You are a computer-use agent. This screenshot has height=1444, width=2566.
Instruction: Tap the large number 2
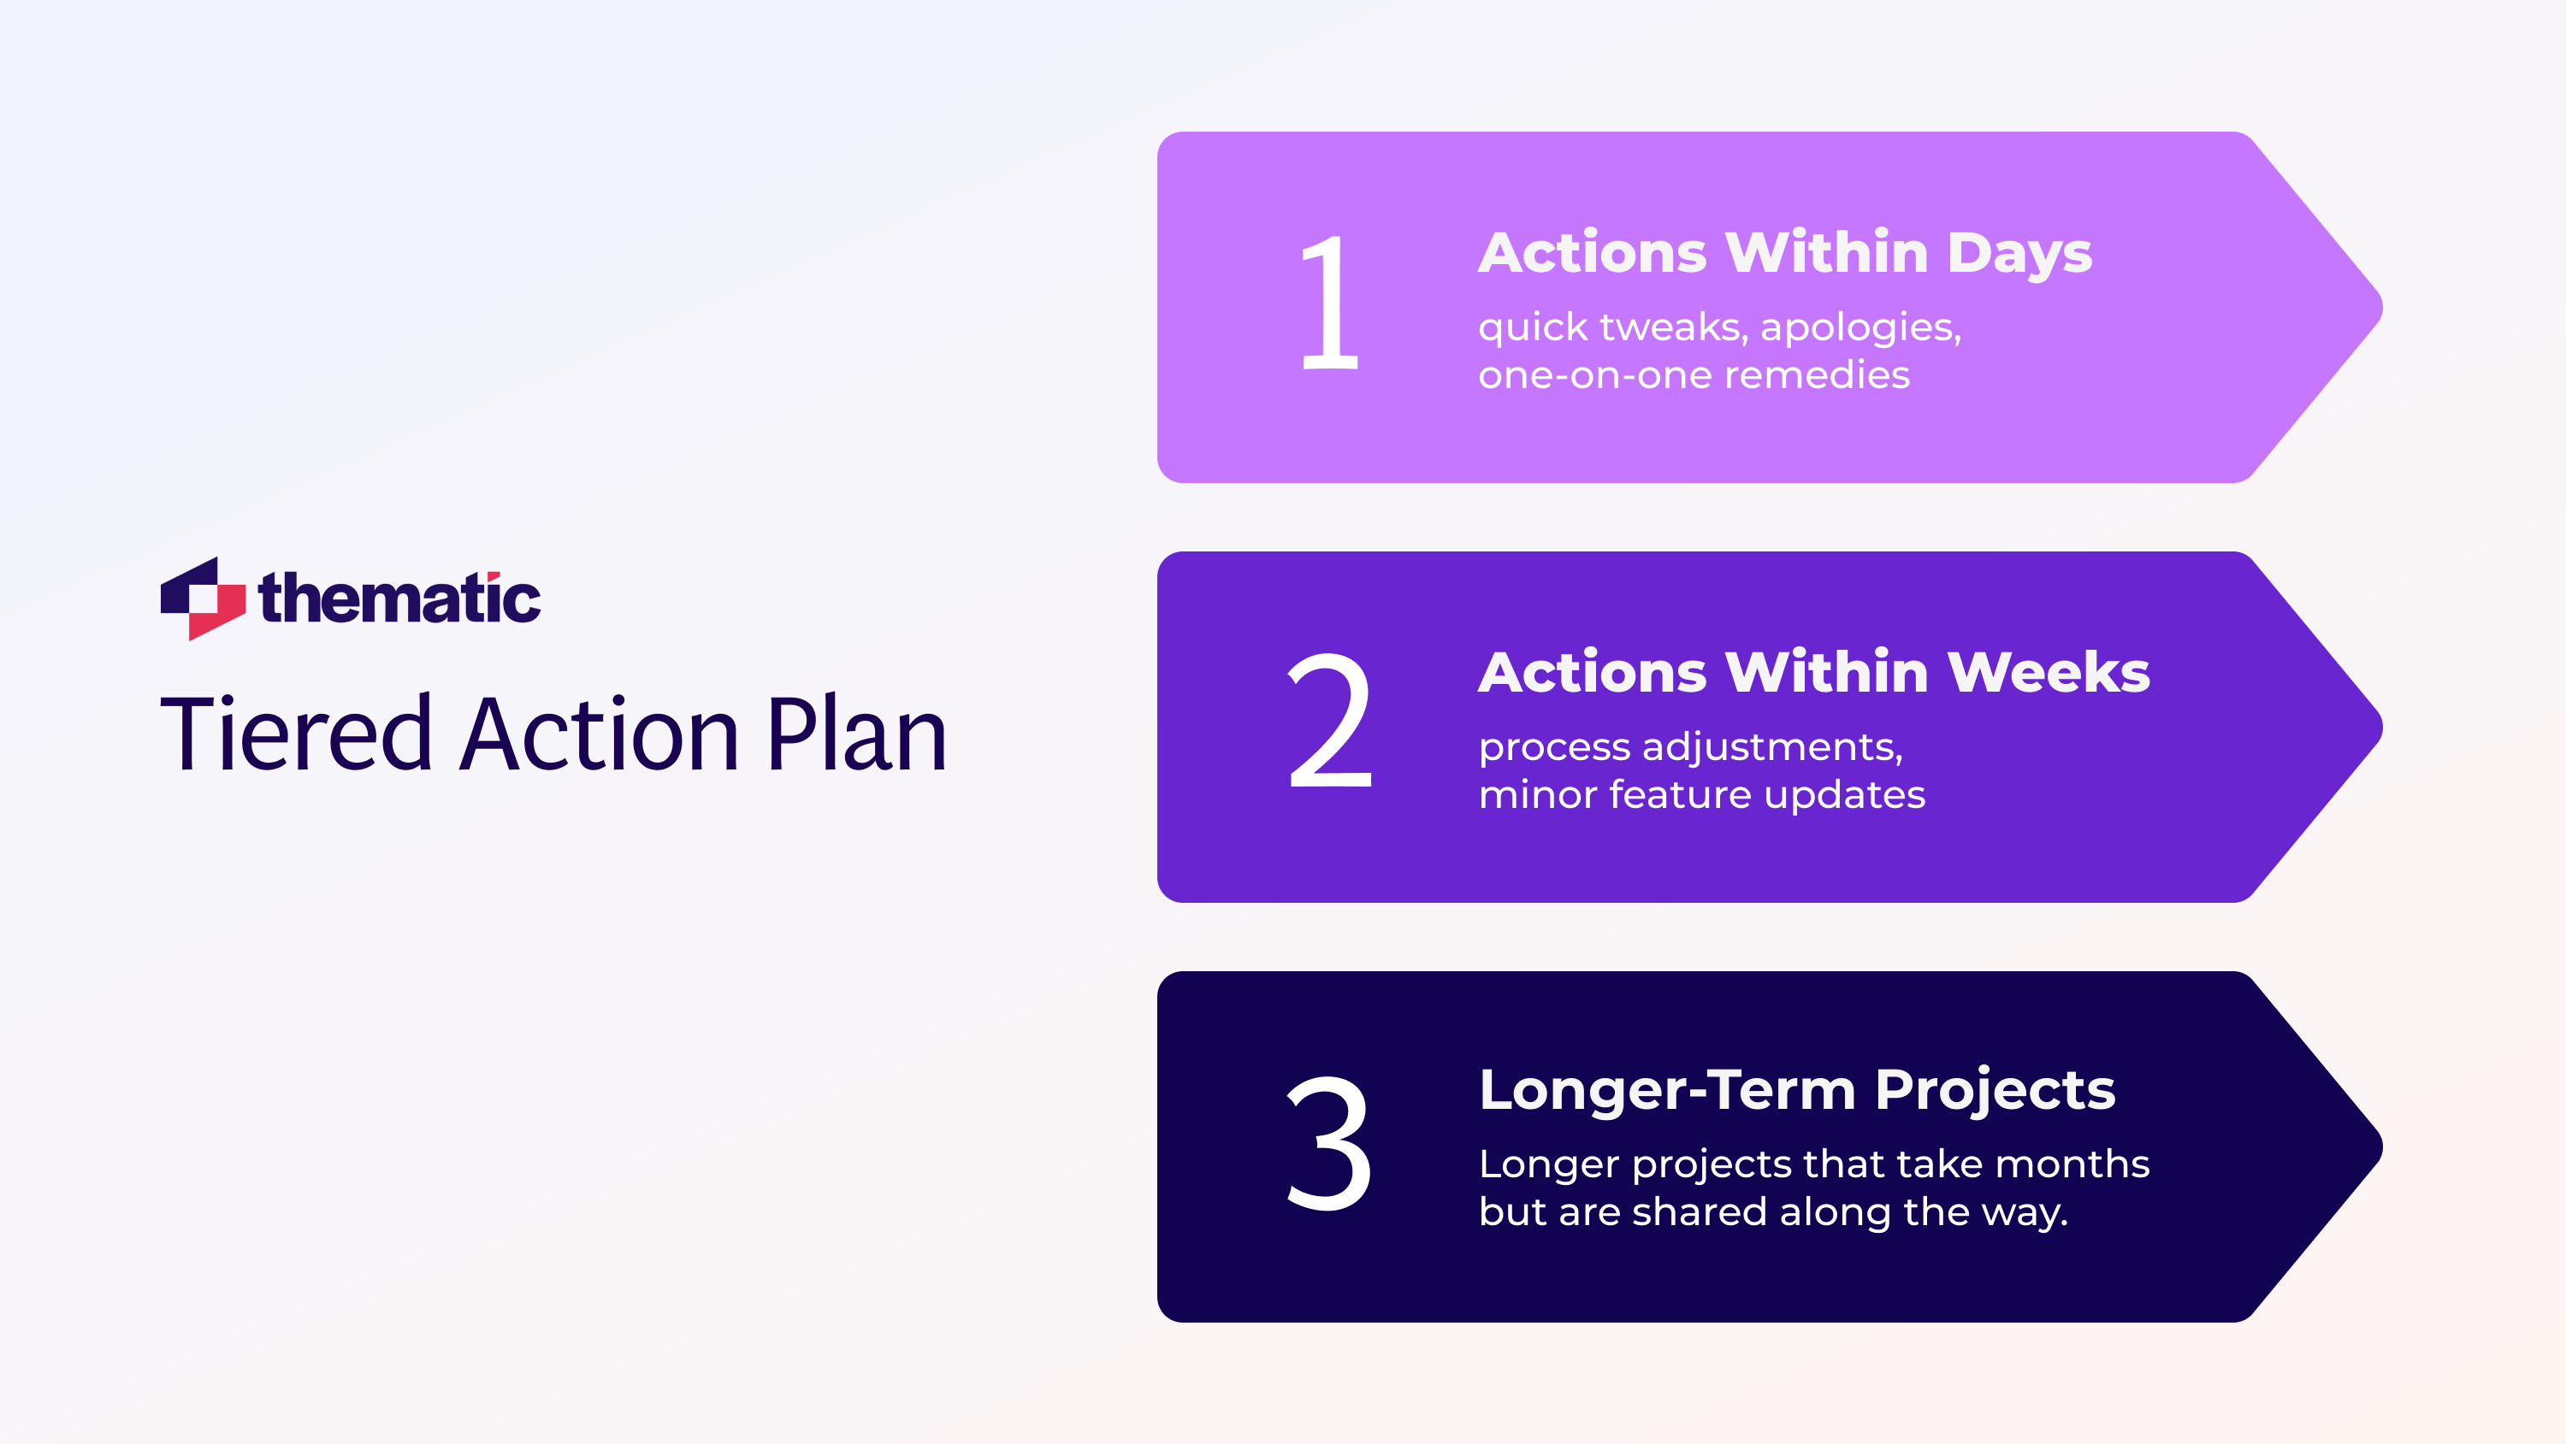point(1330,721)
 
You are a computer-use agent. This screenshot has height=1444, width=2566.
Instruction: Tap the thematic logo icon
point(202,598)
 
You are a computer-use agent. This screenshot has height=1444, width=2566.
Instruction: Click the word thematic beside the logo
point(399,598)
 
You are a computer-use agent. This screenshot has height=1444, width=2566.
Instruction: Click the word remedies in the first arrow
point(1817,375)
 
